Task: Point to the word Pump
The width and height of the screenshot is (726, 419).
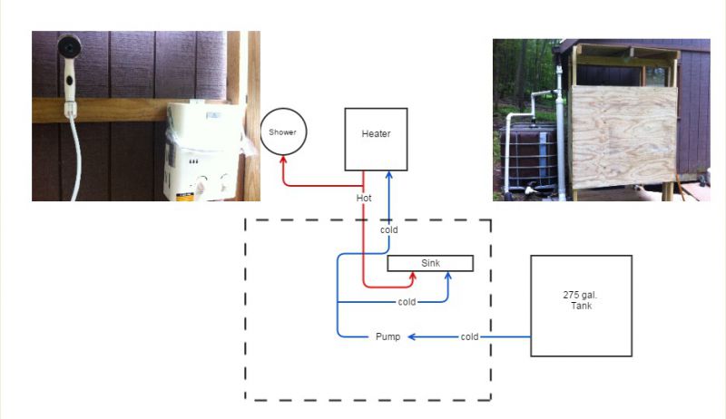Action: (x=388, y=336)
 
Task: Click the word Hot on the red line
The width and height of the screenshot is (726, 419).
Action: (x=364, y=198)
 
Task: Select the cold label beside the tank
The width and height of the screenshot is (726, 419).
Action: (x=469, y=336)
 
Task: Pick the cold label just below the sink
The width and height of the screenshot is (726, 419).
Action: (x=407, y=302)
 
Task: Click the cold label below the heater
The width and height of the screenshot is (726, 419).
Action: (x=389, y=229)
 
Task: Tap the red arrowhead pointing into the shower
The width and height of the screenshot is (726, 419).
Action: (x=283, y=160)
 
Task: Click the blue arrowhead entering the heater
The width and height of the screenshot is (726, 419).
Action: (x=389, y=175)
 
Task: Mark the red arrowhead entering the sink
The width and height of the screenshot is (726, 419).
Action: (x=413, y=276)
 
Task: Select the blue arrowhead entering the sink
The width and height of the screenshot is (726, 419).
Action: (x=447, y=276)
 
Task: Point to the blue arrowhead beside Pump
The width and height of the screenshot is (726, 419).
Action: (x=412, y=336)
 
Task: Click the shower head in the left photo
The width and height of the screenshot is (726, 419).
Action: (x=70, y=46)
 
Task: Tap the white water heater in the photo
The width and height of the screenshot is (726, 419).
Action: (x=203, y=151)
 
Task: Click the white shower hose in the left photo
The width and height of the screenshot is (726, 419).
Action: (x=74, y=157)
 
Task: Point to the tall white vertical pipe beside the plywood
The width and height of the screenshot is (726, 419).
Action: (x=561, y=134)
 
